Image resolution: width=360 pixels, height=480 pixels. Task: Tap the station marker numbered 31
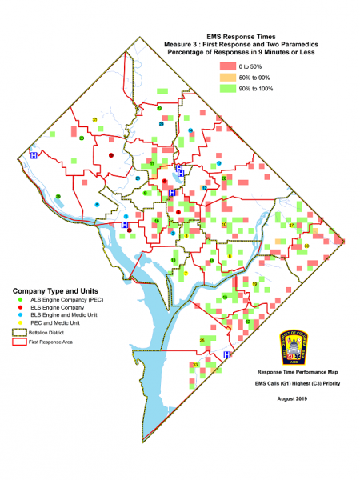coord(95,120)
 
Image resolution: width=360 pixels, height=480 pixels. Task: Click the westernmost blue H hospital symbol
coord(33,155)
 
